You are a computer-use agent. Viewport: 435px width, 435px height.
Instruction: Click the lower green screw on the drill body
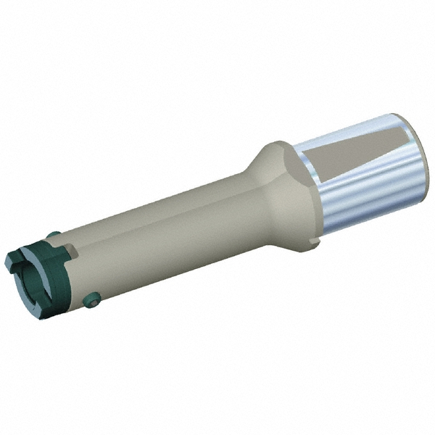click(91, 300)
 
